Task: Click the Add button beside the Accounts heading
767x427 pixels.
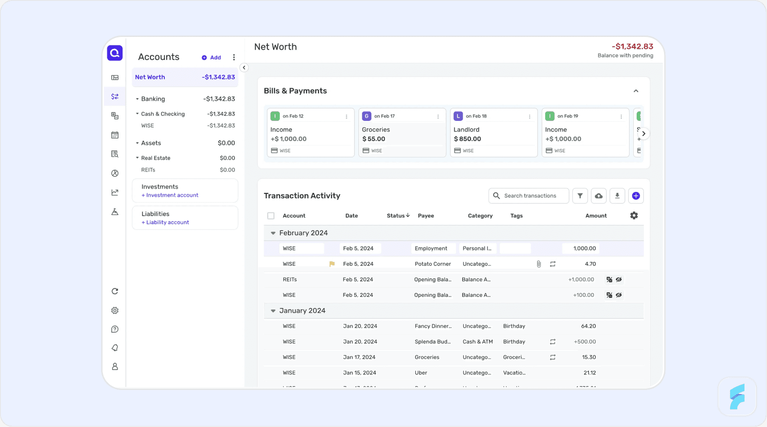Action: pos(211,58)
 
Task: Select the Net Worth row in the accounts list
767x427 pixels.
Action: pos(185,77)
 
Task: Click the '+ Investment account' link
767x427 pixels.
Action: pos(170,195)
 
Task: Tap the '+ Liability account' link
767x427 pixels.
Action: pos(165,223)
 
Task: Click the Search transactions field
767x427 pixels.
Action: pos(530,196)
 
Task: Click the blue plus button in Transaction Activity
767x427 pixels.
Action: pos(636,196)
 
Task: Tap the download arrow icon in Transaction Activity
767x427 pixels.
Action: pos(617,196)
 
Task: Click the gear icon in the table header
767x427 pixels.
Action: pos(634,216)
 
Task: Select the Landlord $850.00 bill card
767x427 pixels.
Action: pos(493,133)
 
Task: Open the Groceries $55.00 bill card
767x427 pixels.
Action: pos(402,133)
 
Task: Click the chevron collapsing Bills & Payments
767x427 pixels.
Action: pos(636,91)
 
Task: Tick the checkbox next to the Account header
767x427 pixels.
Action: pos(271,216)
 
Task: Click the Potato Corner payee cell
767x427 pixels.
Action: pos(433,264)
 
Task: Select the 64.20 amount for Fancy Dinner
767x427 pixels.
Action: pos(588,326)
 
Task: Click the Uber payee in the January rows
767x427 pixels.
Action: pos(421,373)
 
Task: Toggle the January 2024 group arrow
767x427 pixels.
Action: pos(273,311)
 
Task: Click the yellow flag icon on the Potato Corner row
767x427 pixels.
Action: pos(332,264)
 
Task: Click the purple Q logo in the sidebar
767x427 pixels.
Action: pos(115,53)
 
